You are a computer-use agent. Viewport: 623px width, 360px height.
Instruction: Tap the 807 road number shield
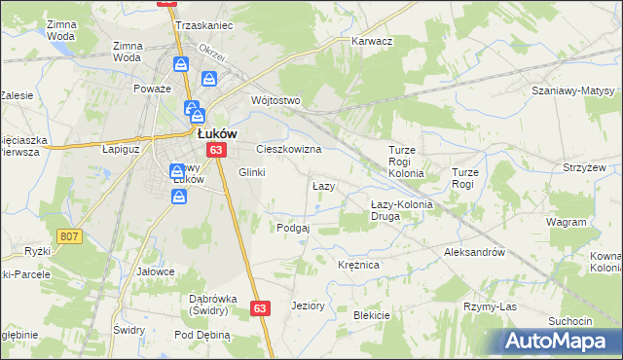click(68, 236)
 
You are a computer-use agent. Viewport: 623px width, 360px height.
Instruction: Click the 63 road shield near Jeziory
click(259, 307)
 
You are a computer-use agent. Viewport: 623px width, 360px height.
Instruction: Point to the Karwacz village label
click(372, 42)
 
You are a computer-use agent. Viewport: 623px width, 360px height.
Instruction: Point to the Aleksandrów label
click(474, 251)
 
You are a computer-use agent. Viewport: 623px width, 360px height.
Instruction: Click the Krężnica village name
click(358, 265)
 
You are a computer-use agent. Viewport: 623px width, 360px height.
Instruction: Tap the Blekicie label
click(372, 315)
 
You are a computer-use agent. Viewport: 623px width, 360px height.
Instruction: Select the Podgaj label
click(293, 228)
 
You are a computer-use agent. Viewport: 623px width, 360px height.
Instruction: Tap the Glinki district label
click(252, 172)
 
